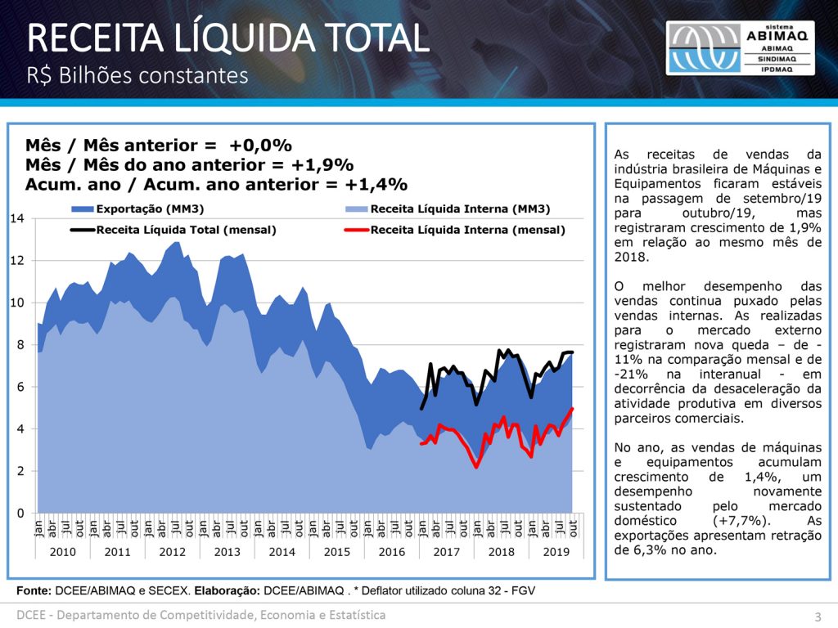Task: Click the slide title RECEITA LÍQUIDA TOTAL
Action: [228, 38]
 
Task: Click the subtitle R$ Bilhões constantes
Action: [137, 75]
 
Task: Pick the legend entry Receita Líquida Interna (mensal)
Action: [467, 230]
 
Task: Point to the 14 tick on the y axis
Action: [16, 218]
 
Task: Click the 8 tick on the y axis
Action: [19, 345]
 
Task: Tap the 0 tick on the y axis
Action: [19, 514]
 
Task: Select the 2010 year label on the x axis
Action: [63, 551]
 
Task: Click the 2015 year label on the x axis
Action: [337, 551]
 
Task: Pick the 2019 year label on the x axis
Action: [556, 551]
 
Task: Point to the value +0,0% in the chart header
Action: [260, 146]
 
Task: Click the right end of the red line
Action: [573, 409]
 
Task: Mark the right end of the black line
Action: [573, 352]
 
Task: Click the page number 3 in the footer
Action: [817, 616]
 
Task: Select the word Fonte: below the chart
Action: [34, 590]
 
